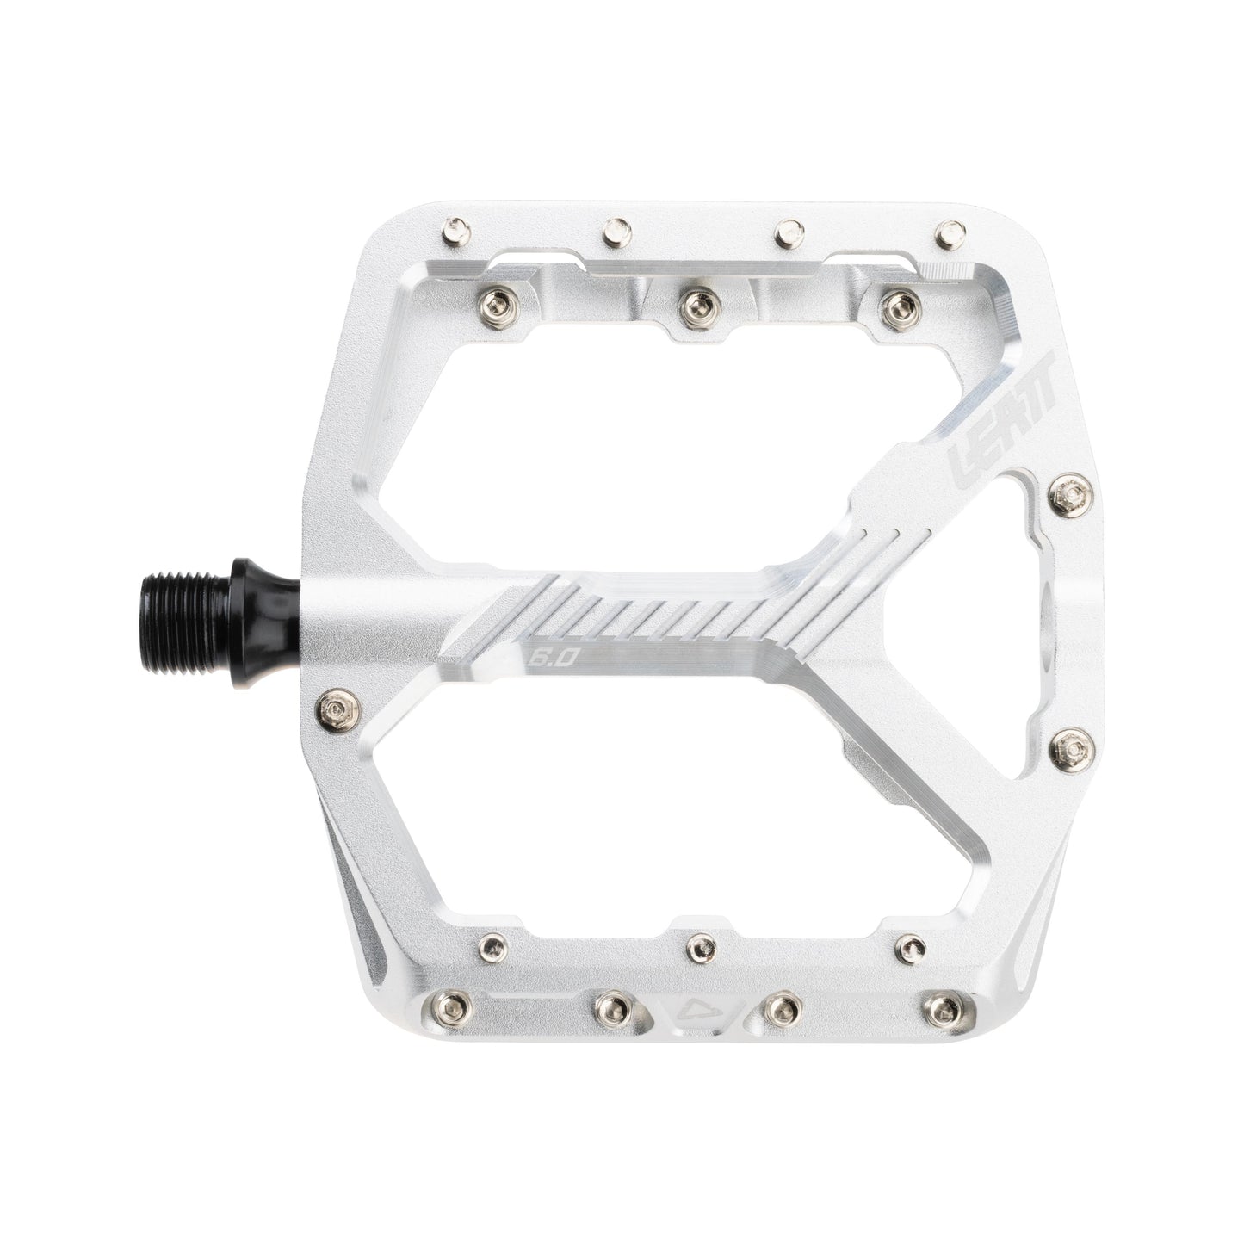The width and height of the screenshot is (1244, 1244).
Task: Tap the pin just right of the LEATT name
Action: point(1069,493)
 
